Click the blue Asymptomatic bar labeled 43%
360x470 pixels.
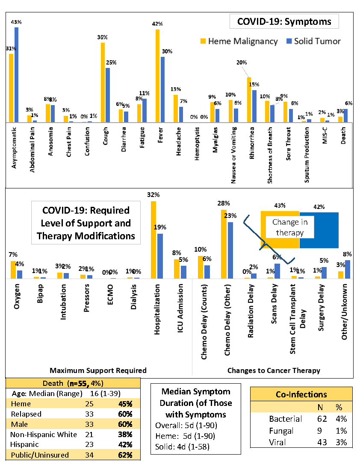(x=17, y=75)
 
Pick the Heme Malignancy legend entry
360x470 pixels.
(x=239, y=41)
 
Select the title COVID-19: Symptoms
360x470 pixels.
(x=284, y=21)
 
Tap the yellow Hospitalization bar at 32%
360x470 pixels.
(x=153, y=240)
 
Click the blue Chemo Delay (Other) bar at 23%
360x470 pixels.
(x=230, y=250)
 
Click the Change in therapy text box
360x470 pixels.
(x=290, y=227)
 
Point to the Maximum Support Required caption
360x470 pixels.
(x=98, y=370)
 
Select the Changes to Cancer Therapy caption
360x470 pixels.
(x=274, y=370)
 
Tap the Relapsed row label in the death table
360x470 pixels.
(x=27, y=414)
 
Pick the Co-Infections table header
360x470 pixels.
(x=301, y=394)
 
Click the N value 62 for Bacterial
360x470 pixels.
(x=318, y=419)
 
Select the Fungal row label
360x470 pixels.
(x=280, y=431)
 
